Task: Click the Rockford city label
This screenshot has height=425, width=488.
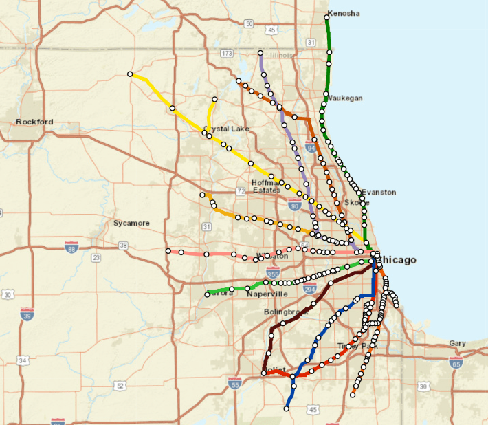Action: click(x=34, y=122)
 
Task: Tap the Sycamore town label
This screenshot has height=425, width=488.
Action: click(x=131, y=224)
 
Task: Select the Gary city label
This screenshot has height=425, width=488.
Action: click(x=457, y=343)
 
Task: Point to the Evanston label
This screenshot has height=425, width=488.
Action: click(x=379, y=193)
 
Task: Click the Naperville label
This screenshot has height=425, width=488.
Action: click(x=267, y=294)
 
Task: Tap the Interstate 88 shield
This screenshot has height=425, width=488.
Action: click(x=71, y=247)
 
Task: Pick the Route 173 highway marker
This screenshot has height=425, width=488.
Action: click(x=227, y=53)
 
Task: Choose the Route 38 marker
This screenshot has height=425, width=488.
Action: click(x=123, y=246)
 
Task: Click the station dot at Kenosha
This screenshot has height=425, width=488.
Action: click(x=326, y=17)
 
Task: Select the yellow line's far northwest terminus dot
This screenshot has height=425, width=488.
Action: click(x=130, y=74)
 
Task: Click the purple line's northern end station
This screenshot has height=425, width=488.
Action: click(x=260, y=52)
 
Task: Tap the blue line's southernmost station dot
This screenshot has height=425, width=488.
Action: click(x=287, y=408)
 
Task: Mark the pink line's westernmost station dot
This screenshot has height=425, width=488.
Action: click(x=168, y=250)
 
